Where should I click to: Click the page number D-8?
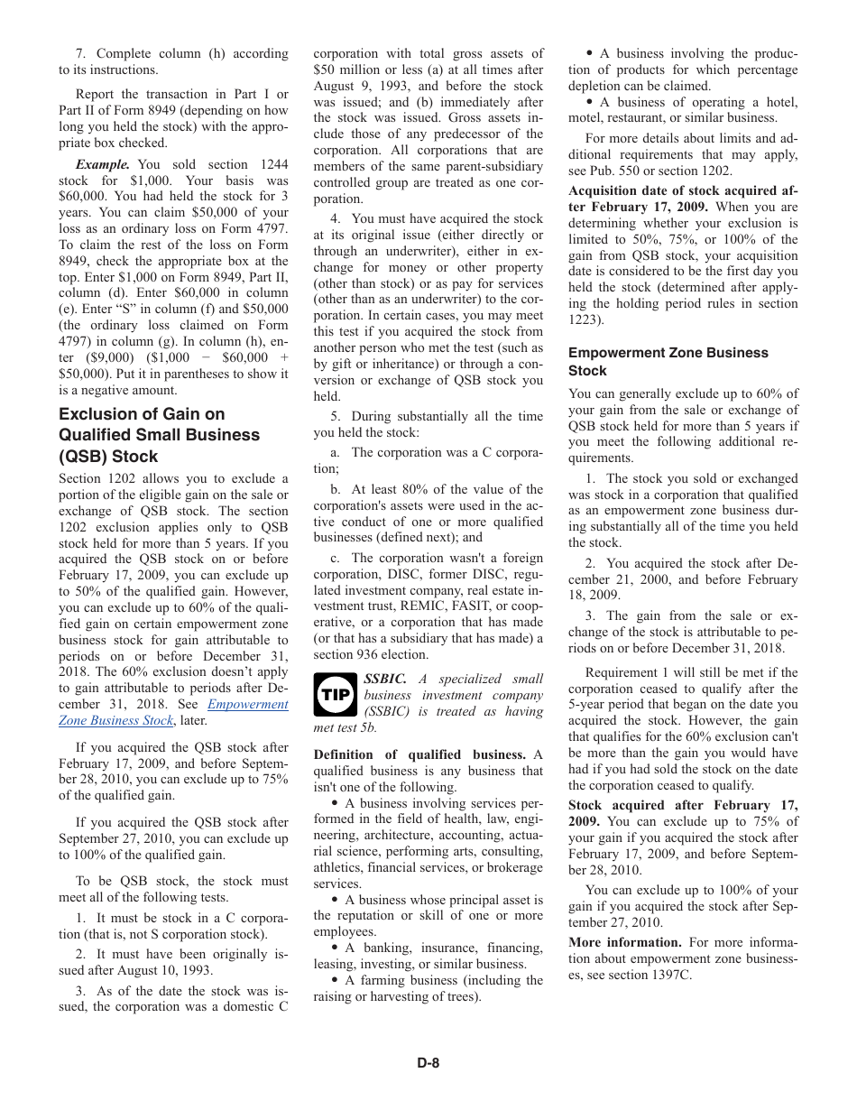point(428,1063)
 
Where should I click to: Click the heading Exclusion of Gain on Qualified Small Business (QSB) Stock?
point(159,435)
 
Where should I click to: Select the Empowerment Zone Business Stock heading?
point(668,362)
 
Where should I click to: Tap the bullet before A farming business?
point(335,980)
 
